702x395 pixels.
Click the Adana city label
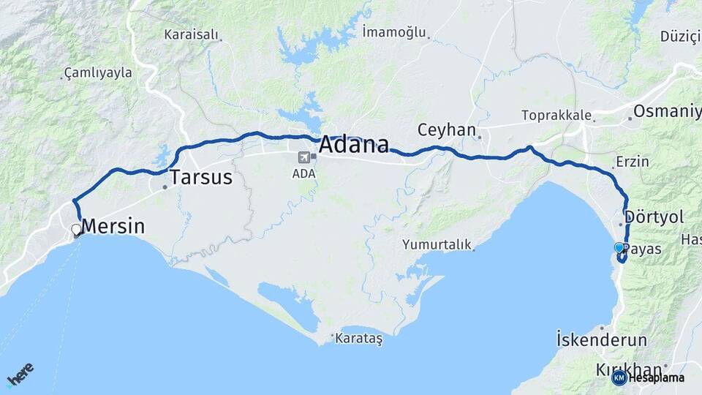tap(353, 144)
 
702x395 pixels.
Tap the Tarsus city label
tap(201, 177)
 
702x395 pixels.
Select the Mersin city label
tap(113, 226)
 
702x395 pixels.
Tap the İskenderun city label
tap(602, 339)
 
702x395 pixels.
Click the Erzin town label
tap(633, 162)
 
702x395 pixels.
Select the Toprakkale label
tap(555, 115)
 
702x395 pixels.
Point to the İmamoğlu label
tap(394, 31)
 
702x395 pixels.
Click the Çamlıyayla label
tap(98, 72)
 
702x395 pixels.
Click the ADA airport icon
tap(303, 157)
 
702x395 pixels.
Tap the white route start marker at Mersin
tap(76, 230)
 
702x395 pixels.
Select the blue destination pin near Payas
tap(619, 248)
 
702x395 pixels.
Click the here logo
tap(20, 374)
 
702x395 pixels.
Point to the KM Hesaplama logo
tap(648, 377)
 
